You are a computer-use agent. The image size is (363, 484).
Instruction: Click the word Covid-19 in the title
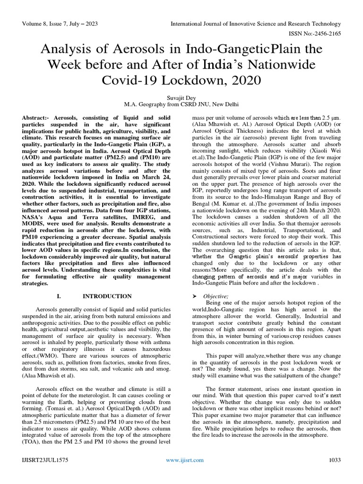point(133,80)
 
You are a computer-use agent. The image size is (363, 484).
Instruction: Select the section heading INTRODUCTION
point(107,296)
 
